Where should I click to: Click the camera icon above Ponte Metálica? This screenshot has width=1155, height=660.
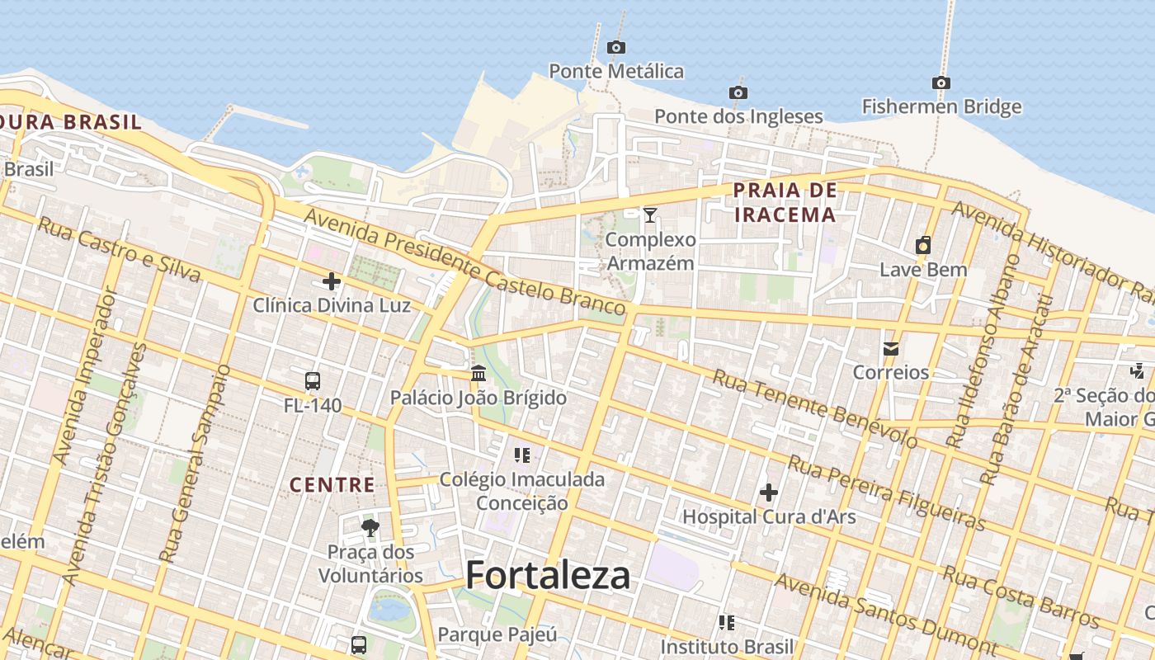[616, 48]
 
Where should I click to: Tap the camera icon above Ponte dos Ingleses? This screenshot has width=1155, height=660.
[738, 92]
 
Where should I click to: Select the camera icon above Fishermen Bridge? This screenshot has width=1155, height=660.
[941, 82]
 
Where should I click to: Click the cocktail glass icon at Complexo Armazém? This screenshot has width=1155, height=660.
[650, 215]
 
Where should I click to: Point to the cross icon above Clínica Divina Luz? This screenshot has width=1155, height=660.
[332, 282]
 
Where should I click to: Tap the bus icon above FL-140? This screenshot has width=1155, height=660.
[312, 381]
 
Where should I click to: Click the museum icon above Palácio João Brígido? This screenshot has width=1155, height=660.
[478, 374]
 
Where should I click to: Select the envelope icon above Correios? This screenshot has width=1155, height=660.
[891, 349]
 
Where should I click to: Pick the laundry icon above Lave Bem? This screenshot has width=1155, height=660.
[923, 245]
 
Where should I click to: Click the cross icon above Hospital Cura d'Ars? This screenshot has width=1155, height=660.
[769, 493]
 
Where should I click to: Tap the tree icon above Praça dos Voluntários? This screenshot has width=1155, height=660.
[370, 527]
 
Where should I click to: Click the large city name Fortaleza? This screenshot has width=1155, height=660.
[548, 575]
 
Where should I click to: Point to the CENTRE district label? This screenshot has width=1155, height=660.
[332, 485]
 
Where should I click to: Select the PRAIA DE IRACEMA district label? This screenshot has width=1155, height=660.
[785, 203]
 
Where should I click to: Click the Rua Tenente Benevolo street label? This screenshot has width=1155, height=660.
[814, 408]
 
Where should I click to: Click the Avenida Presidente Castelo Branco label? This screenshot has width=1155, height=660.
[464, 262]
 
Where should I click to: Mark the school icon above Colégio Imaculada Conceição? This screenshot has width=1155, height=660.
[521, 455]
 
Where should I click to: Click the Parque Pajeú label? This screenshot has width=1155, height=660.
[497, 634]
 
